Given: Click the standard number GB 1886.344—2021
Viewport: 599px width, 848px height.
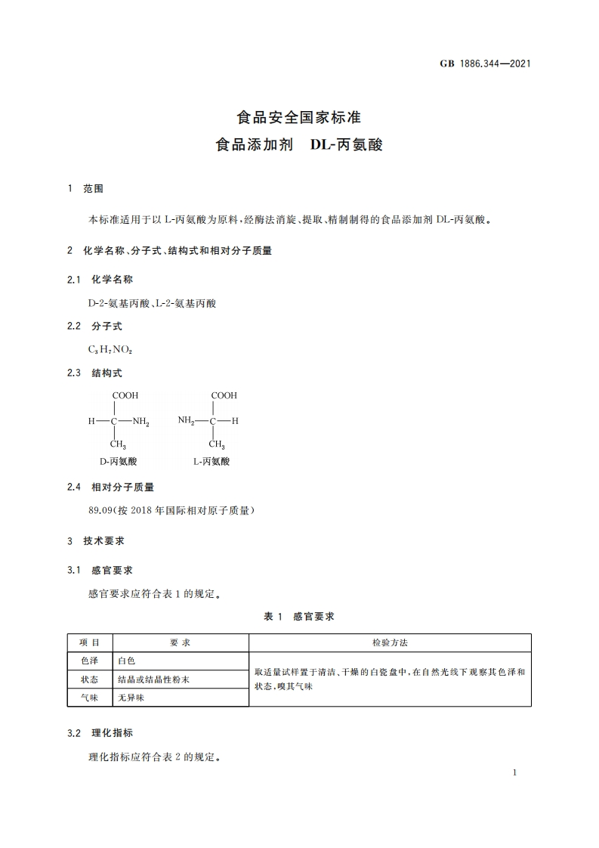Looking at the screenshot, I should click(x=485, y=63).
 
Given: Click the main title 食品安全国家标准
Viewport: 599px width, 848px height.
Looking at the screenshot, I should click(x=299, y=118).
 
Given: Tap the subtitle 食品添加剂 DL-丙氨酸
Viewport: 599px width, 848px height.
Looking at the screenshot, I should click(x=299, y=144).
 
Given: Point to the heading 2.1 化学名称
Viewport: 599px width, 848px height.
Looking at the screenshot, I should click(x=100, y=279).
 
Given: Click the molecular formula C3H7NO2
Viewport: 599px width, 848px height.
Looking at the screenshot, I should click(x=110, y=350).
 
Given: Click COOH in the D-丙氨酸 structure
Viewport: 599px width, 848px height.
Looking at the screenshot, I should click(x=125, y=395).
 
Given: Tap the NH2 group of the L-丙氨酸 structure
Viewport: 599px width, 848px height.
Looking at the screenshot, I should click(x=187, y=421).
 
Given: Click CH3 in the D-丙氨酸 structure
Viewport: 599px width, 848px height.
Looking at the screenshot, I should click(x=119, y=445).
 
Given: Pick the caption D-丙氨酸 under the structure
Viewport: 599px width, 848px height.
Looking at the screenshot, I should click(x=119, y=460).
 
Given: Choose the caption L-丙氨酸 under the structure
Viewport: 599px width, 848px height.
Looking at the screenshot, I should click(x=212, y=460).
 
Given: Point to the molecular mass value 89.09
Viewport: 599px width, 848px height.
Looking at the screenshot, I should click(x=100, y=511).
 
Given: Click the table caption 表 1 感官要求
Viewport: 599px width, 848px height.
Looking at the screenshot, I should click(x=299, y=617).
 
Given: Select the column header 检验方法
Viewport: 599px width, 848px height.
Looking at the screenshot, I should click(x=390, y=642).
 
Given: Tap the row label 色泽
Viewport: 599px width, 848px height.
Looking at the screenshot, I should click(x=89, y=661).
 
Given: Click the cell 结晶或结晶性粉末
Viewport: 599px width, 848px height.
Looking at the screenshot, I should click(x=153, y=679).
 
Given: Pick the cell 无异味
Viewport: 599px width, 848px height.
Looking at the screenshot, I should click(x=131, y=698).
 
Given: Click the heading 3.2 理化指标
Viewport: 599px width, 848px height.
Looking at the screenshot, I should click(x=100, y=733).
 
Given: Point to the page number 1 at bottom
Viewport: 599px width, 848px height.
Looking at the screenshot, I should click(x=514, y=772).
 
